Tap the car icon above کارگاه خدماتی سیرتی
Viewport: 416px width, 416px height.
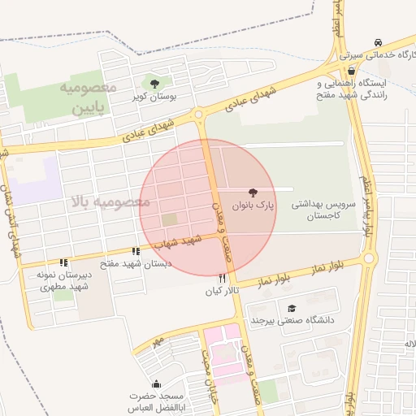point(378,42)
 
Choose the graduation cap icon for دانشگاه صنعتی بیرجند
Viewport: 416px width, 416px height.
point(291,308)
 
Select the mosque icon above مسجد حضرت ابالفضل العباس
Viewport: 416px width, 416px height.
point(156,383)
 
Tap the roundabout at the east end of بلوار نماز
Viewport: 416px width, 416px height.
point(370,258)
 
